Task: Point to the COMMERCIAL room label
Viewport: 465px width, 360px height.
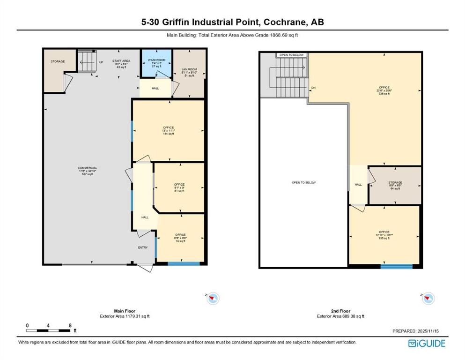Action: click(88, 171)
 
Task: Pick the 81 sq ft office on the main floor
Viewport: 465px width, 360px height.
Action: click(179, 187)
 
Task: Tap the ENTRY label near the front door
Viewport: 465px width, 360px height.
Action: click(142, 247)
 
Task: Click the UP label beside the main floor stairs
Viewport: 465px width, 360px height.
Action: click(101, 62)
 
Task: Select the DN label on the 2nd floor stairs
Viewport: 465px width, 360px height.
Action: click(313, 88)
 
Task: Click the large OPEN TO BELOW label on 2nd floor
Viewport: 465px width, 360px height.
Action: click(303, 182)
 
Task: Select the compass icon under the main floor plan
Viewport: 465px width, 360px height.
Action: click(213, 298)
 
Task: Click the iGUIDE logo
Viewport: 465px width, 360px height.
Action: click(427, 343)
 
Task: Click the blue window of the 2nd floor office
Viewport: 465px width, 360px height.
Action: click(396, 267)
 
